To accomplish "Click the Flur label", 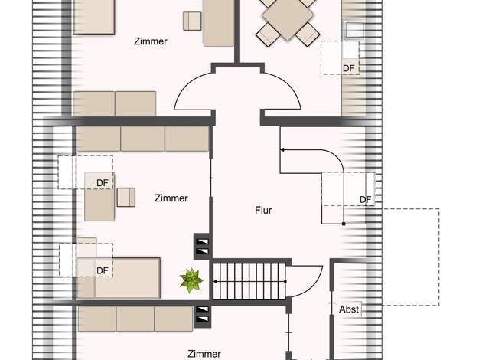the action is coord(263,210).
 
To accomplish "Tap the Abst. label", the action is coord(350,309).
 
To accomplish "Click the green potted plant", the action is coord(191,280).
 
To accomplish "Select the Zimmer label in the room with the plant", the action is coord(171,198).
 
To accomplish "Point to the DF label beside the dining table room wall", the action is coord(349,68).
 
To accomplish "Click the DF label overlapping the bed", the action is coord(103,270).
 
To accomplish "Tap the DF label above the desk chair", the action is coord(103,183).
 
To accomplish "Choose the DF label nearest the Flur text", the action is coord(365,200).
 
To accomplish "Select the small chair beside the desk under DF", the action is coord(126,198).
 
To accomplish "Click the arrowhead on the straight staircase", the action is coord(215,281).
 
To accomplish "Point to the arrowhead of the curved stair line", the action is coord(282,150).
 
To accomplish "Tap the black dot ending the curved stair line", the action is coord(344,224).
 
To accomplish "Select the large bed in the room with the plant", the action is coord(119,278).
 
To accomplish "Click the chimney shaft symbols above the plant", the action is coord(202,247).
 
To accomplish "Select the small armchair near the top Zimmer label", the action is coord(192,21).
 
